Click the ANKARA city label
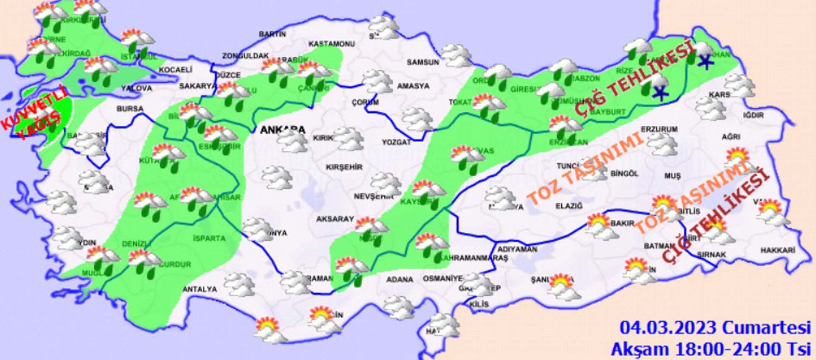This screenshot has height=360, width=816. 282,129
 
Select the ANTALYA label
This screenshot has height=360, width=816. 200,289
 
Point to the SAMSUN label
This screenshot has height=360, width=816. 422,62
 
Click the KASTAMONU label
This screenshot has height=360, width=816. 331,44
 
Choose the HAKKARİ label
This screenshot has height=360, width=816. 777,250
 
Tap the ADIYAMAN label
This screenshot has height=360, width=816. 517,249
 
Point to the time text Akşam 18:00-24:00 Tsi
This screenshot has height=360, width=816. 711,349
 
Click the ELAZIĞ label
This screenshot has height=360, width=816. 569,206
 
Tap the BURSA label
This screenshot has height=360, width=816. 130,109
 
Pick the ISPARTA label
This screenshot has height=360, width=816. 209,238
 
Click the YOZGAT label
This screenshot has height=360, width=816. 396,142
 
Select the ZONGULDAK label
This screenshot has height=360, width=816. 245,56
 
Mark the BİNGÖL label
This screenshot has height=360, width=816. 624,173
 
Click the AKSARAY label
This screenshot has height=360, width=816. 334,219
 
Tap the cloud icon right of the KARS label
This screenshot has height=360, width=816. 740,85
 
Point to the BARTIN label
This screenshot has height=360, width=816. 272,34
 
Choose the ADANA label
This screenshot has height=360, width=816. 399,279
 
